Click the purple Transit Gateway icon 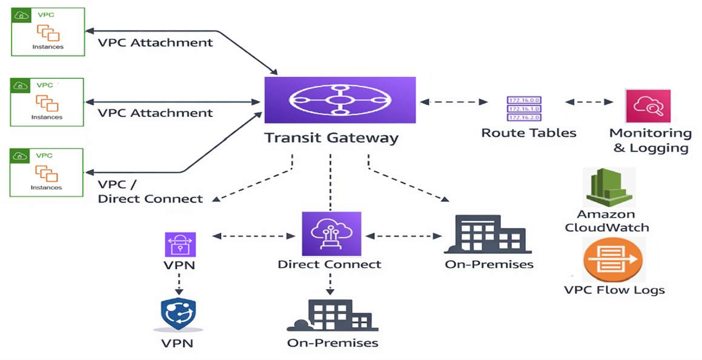click(x=340, y=100)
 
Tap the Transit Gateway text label click(x=331, y=138)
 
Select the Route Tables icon click(x=524, y=108)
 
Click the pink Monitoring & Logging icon click(x=647, y=106)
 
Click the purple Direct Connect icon click(x=331, y=234)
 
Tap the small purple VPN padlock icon click(x=180, y=245)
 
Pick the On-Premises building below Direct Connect click(x=332, y=315)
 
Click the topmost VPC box click(x=48, y=32)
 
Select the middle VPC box click(x=47, y=102)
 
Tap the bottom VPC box click(x=47, y=172)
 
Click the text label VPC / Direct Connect click(x=150, y=192)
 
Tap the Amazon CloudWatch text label click(x=606, y=221)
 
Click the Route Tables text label click(x=529, y=133)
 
